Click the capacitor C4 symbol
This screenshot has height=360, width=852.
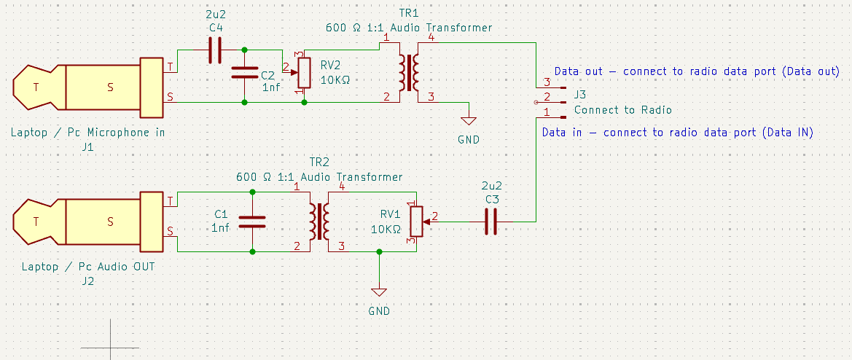214,50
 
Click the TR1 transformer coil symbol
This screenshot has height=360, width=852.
407,71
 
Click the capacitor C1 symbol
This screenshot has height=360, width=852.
252,222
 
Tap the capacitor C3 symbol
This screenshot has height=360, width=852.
491,222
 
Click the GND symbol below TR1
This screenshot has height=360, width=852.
469,121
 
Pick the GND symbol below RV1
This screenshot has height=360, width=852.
378,291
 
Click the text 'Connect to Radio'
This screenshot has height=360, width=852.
622,110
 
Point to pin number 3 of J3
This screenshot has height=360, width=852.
547,82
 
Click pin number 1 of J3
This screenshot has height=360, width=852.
547,111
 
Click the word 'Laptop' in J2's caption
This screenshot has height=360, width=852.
39,267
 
